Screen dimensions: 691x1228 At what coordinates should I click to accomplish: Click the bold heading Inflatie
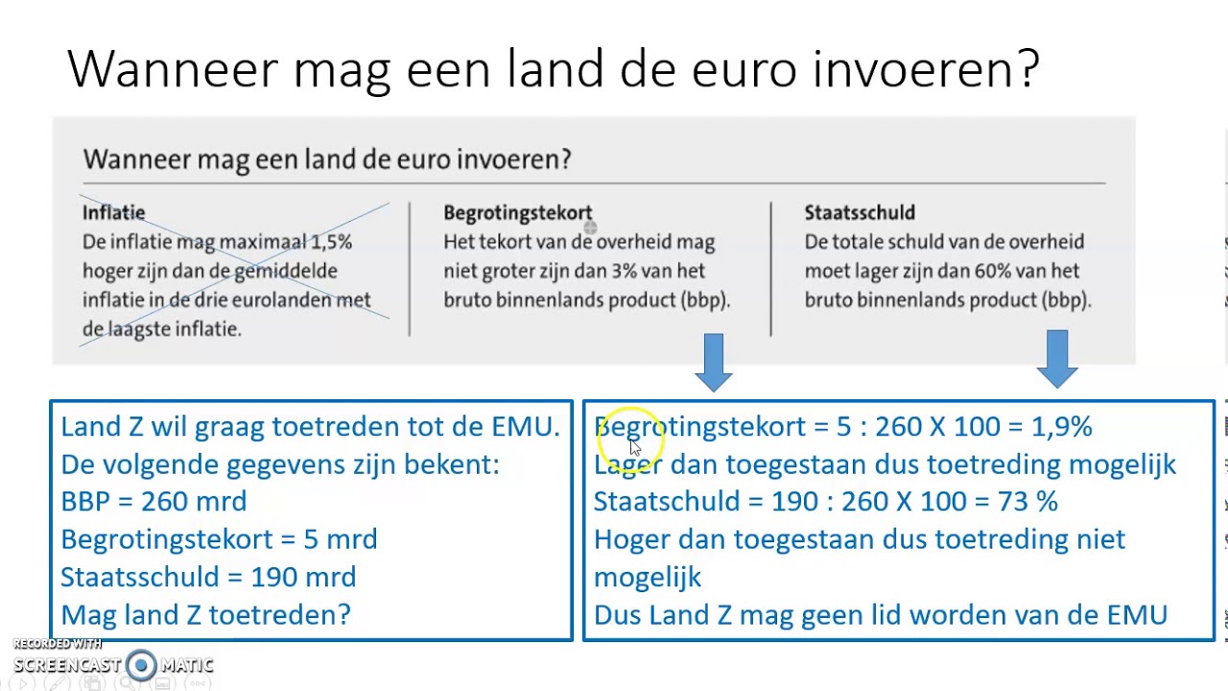(x=113, y=213)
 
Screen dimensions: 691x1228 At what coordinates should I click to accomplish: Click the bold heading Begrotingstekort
(x=517, y=213)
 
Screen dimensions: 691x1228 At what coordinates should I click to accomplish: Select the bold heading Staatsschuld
(x=860, y=213)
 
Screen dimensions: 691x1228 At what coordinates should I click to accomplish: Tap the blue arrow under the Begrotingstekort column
(x=713, y=361)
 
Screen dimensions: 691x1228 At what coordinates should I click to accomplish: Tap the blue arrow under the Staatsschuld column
(x=1057, y=358)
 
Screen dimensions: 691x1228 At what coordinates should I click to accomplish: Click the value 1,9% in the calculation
(x=1061, y=427)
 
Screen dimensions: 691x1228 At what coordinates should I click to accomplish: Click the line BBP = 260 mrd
(x=153, y=502)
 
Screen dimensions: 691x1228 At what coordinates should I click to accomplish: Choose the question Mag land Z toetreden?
(x=205, y=614)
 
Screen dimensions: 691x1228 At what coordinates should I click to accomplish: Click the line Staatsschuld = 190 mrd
(x=208, y=577)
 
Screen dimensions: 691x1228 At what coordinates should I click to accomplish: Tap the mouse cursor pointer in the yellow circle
(x=634, y=447)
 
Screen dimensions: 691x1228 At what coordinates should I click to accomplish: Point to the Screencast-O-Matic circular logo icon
(x=142, y=664)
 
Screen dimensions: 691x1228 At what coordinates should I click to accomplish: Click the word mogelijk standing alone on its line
(x=648, y=577)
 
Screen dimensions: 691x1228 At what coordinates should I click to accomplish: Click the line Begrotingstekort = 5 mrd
(x=219, y=539)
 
